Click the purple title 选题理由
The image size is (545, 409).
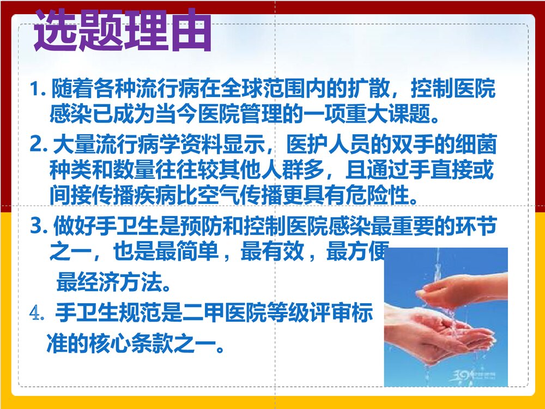pyautogui.click(x=122, y=32)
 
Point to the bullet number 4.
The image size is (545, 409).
pyautogui.click(x=37, y=315)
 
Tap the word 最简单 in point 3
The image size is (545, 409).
pyautogui.click(x=247, y=253)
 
